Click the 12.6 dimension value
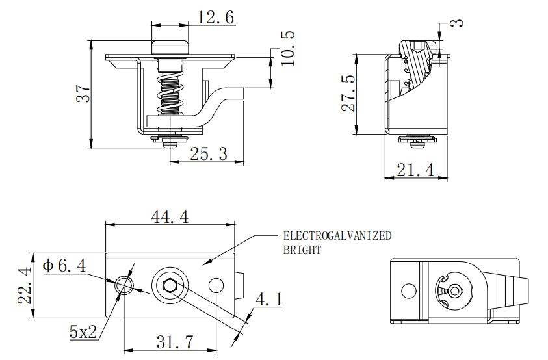click(215, 18)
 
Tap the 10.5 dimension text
click(287, 48)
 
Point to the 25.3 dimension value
click(208, 154)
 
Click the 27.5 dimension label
click(348, 93)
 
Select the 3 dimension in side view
click(458, 23)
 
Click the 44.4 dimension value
click(170, 218)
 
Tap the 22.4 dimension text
click(25, 286)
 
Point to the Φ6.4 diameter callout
click(64, 266)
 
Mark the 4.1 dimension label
click(268, 300)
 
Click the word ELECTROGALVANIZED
click(337, 236)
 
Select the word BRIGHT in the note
click(302, 250)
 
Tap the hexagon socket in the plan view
click(169, 286)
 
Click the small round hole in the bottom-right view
click(408, 291)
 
